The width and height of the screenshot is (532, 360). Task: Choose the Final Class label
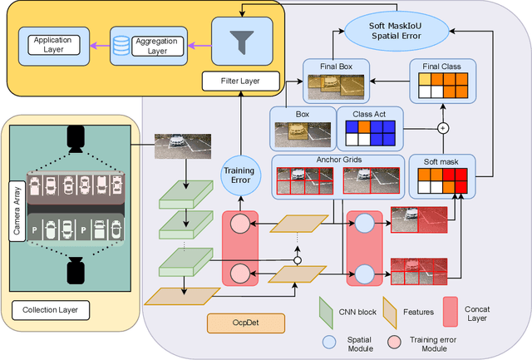tap(441, 64)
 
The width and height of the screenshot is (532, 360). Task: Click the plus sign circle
tap(442, 129)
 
